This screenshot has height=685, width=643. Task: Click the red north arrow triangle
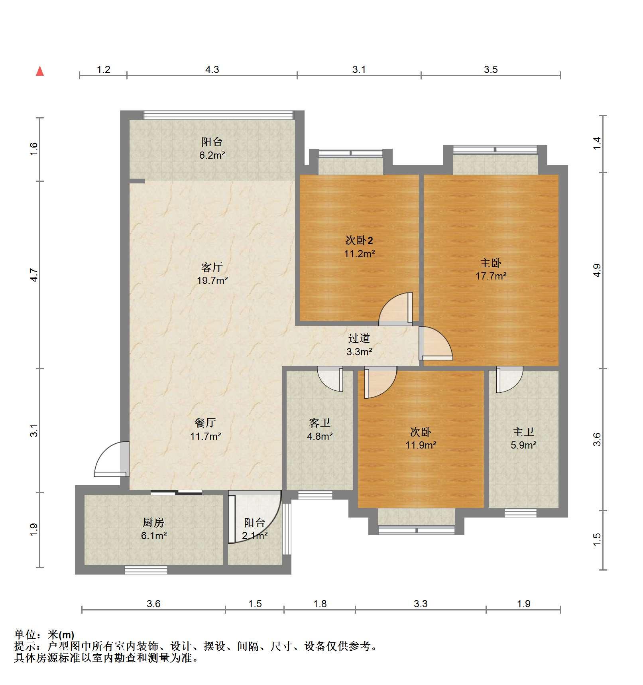pyautogui.click(x=40, y=71)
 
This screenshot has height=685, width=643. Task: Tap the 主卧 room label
pyautogui.click(x=491, y=263)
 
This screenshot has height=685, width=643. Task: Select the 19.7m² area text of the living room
pyautogui.click(x=212, y=280)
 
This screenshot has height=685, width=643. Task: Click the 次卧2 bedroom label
pyautogui.click(x=359, y=240)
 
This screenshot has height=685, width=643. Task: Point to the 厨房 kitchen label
pyautogui.click(x=153, y=522)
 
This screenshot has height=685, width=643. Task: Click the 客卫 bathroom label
pyautogui.click(x=320, y=423)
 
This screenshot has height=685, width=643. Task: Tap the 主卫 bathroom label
pyautogui.click(x=523, y=432)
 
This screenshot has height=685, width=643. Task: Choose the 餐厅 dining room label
pyautogui.click(x=205, y=423)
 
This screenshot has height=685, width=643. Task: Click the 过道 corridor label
pyautogui.click(x=359, y=338)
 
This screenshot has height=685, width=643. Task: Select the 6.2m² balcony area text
pyautogui.click(x=212, y=155)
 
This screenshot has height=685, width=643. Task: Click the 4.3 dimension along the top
pyautogui.click(x=212, y=69)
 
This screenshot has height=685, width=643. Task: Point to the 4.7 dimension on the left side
pyautogui.click(x=34, y=275)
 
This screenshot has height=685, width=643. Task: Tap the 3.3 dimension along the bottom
pyautogui.click(x=421, y=604)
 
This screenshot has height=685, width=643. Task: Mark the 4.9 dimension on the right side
pyautogui.click(x=597, y=270)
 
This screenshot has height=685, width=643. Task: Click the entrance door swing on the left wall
pyautogui.click(x=111, y=459)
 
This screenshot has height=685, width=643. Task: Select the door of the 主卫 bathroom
pyautogui.click(x=509, y=380)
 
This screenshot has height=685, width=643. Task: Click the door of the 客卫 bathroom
pyautogui.click(x=330, y=379)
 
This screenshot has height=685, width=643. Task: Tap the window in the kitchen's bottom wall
pyautogui.click(x=146, y=570)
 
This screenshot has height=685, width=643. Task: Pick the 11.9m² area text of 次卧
pyautogui.click(x=421, y=445)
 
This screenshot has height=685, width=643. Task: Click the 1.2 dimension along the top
pyautogui.click(x=103, y=69)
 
